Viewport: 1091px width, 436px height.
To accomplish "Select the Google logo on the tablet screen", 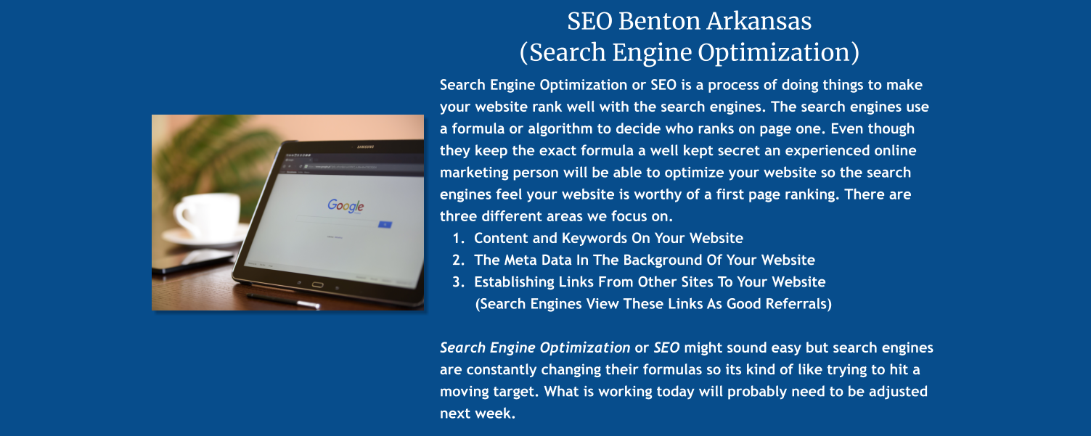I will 346,206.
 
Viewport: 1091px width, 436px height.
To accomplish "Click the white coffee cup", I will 205,215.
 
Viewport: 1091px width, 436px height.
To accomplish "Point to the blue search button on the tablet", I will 385,224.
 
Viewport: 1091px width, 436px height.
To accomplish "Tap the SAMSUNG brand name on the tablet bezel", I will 365,147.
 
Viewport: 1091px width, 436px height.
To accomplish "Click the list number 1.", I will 457,239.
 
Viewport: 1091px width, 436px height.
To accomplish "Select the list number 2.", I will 457,260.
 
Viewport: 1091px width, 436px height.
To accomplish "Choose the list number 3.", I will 457,282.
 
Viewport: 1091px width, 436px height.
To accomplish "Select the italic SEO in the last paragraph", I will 666,347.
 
